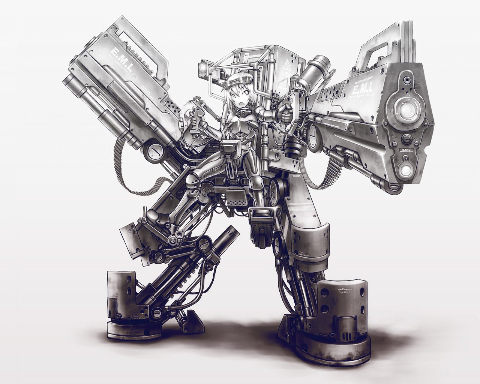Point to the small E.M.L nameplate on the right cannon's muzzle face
coord(405,150)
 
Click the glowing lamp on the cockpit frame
coord(203,67)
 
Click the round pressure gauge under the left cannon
coord(154,152)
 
